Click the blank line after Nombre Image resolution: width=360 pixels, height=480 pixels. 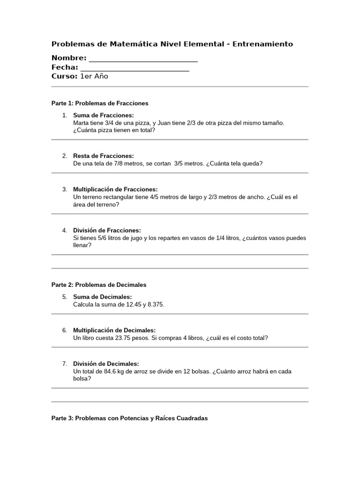pos(143,59)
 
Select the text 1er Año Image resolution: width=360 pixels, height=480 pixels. pos(94,76)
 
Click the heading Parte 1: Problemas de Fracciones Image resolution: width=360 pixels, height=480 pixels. pos(100,103)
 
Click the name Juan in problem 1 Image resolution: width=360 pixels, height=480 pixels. pos(165,123)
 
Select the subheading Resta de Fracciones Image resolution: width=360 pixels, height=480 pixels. pos(104,156)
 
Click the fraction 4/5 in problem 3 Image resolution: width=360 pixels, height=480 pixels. pos(156,197)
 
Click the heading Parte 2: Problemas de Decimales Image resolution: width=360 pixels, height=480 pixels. pos(99,285)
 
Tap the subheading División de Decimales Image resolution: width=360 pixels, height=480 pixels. pos(106,364)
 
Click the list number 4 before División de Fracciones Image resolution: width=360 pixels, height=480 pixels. pos(65,230)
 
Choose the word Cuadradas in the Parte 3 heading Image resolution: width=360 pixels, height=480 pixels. pos(191,418)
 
